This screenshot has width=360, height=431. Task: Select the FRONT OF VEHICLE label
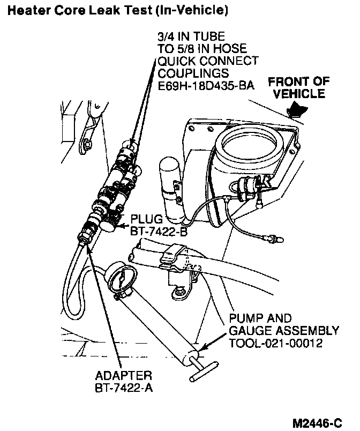click(x=298, y=87)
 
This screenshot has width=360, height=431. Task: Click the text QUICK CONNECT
click(x=208, y=61)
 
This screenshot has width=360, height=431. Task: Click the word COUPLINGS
click(x=193, y=73)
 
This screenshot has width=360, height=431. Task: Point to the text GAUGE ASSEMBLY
click(x=284, y=330)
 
